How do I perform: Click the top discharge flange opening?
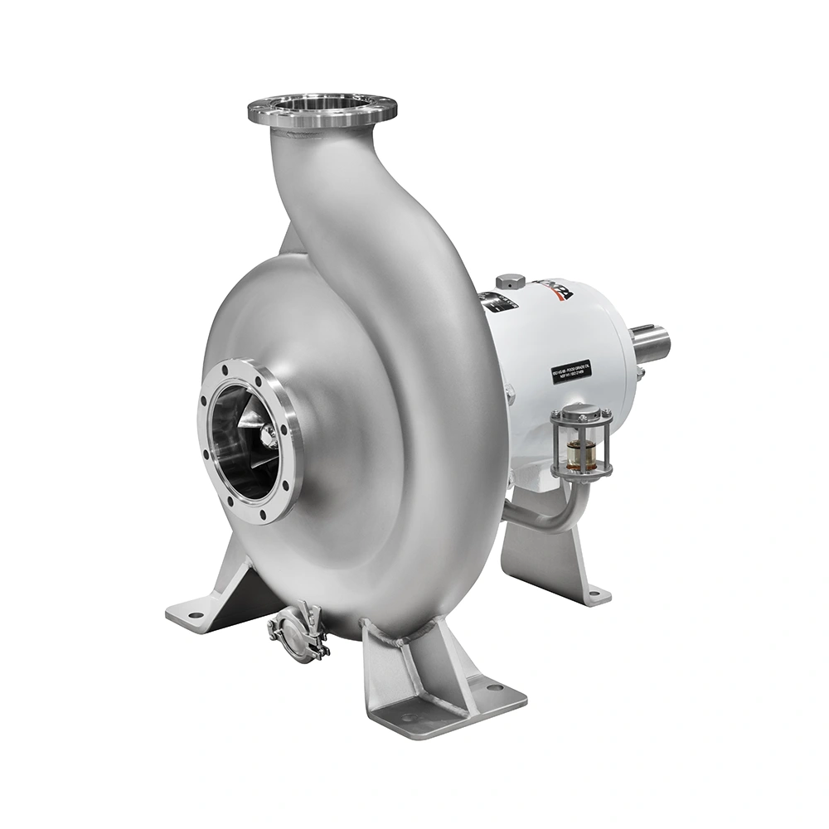pyautogui.click(x=322, y=105)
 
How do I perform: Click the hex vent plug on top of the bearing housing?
pyautogui.click(x=510, y=281)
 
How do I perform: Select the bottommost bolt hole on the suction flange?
pyautogui.click(x=263, y=514)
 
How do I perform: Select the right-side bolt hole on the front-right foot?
pyautogui.click(x=494, y=688)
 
